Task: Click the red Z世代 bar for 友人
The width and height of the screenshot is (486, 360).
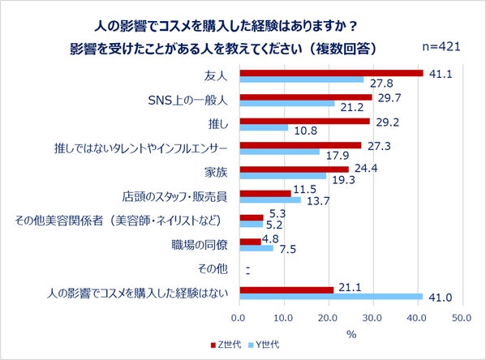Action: click(x=331, y=73)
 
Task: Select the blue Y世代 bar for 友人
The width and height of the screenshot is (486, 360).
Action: click(x=301, y=80)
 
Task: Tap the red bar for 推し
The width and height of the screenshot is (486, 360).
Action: click(x=304, y=121)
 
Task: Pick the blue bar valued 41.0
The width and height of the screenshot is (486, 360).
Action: click(x=331, y=297)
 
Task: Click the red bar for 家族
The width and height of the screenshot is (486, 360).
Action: click(x=294, y=169)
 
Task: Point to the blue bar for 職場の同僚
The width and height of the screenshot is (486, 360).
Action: click(x=256, y=248)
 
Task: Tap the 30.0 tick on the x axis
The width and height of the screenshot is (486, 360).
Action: click(x=373, y=316)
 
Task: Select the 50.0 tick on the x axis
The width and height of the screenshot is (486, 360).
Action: click(x=462, y=316)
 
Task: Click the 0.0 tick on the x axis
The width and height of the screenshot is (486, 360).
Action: click(x=239, y=316)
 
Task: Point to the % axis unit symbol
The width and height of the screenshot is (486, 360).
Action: click(x=351, y=332)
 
